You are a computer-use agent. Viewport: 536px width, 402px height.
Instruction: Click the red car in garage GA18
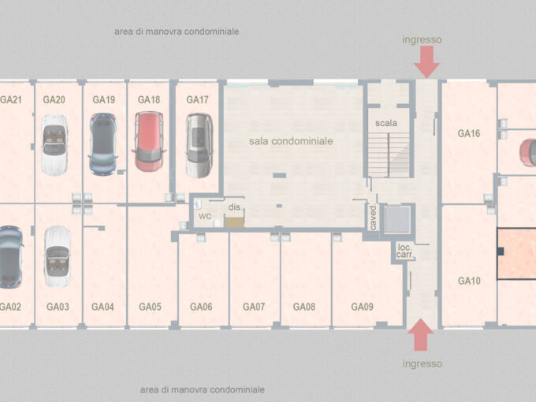point(149,141)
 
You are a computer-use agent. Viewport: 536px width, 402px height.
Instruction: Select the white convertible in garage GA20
point(54,144)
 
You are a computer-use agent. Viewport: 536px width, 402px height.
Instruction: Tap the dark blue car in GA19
point(103,144)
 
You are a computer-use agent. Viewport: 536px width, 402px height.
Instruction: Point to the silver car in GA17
point(199,145)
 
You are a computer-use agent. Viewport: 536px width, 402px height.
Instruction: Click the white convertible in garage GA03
point(58,256)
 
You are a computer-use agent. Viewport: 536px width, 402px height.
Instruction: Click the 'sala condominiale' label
point(291,141)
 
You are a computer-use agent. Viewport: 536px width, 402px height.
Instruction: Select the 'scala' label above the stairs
point(386,123)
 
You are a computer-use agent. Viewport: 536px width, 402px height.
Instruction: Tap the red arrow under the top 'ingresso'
point(426,61)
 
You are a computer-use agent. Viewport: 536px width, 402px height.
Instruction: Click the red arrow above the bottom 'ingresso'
point(420,335)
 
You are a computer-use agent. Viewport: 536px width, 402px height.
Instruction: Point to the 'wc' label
point(205,216)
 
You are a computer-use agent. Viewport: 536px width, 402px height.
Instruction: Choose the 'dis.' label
point(235,207)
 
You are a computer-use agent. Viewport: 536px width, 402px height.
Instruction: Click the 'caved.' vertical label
point(374,218)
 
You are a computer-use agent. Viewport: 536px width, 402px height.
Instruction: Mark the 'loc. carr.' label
point(405,251)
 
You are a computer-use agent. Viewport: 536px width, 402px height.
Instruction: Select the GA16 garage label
point(469,133)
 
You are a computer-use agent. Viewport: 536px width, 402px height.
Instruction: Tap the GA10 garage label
point(469,281)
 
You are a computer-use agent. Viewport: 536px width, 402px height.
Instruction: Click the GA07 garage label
point(254,307)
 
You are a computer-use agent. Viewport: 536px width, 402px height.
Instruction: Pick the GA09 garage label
point(362,307)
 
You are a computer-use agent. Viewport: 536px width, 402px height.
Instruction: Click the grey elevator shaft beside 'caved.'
point(397,219)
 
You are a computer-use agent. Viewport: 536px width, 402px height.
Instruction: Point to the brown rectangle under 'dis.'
point(235,222)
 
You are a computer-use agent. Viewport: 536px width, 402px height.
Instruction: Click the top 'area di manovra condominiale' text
point(177,32)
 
